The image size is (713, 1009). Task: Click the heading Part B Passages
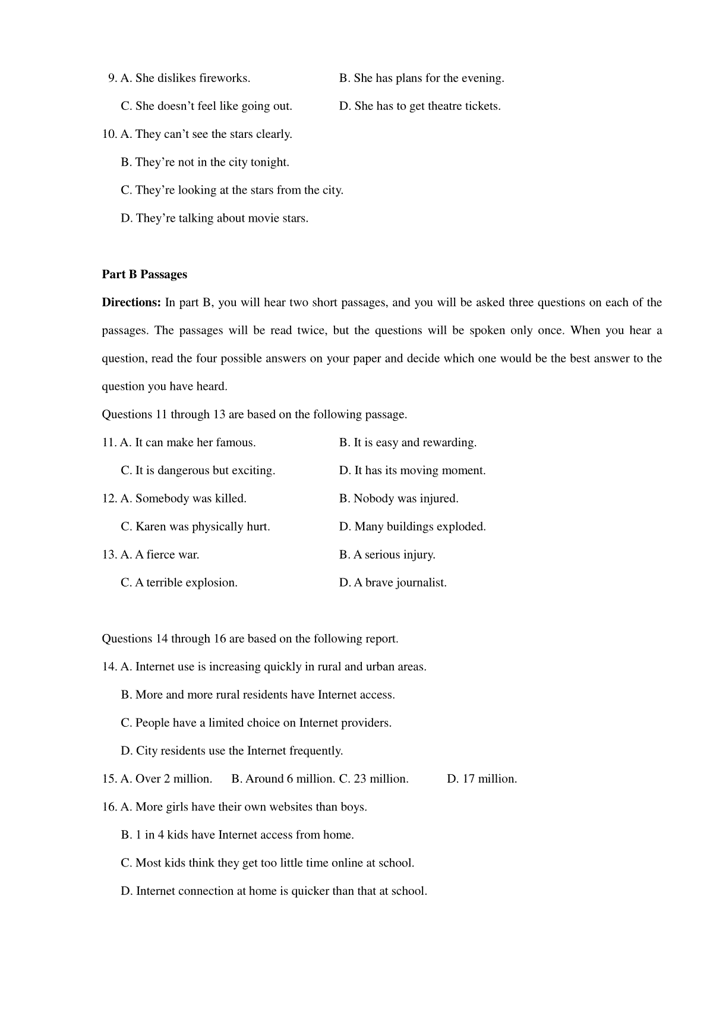144,275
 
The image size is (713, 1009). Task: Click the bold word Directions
131,302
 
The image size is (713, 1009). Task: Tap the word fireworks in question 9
224,78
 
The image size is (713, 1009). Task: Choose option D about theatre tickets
419,106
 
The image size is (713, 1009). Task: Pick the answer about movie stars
214,218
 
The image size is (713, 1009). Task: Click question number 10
109,134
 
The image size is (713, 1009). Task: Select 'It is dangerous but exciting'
198,471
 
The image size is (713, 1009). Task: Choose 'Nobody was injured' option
399,499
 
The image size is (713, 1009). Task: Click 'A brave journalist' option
393,583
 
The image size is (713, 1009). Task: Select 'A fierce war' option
160,555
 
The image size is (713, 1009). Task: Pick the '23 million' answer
374,779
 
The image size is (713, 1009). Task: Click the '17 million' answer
482,779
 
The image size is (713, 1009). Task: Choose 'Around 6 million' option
283,779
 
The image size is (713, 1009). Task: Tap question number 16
109,807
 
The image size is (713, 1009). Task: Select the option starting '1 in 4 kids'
238,835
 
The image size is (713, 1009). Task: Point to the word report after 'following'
381,639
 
